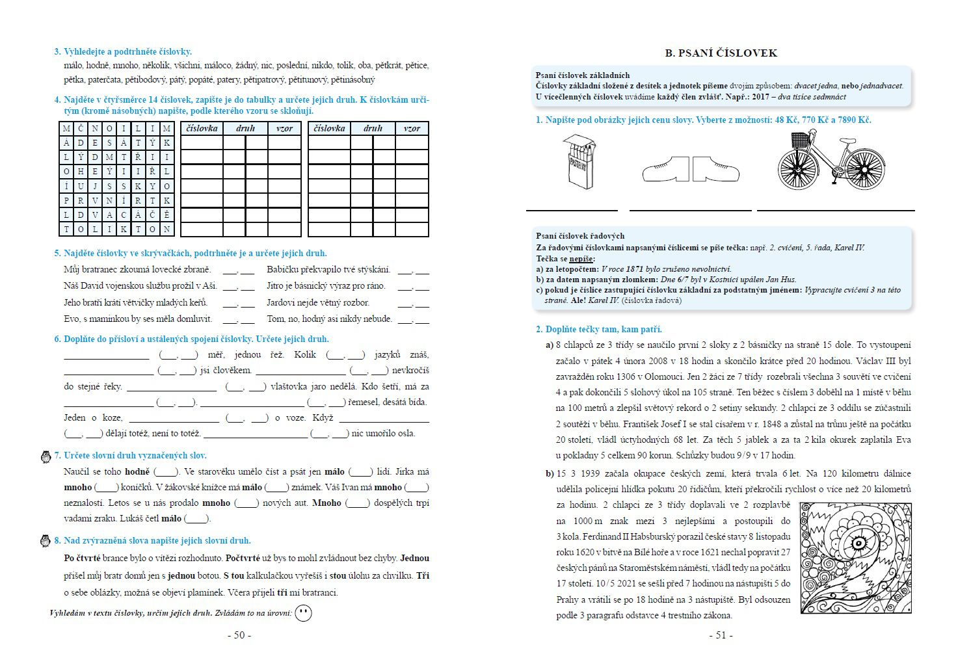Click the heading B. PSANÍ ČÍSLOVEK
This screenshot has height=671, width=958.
[x=721, y=53]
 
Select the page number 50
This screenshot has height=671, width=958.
[x=239, y=635]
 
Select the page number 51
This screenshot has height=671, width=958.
[x=721, y=635]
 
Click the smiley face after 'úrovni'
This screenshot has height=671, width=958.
[x=303, y=613]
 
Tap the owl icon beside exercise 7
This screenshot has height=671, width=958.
[x=46, y=456]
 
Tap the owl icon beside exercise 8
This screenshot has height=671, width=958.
[x=46, y=541]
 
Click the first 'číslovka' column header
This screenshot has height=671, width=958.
[x=202, y=128]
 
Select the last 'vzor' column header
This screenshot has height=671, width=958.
[x=412, y=128]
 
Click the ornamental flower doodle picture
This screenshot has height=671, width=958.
[x=855, y=557]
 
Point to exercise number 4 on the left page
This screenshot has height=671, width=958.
[x=57, y=100]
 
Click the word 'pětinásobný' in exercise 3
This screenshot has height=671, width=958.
[x=353, y=80]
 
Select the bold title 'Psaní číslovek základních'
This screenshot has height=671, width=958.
[x=582, y=75]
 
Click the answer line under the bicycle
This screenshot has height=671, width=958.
[x=836, y=210]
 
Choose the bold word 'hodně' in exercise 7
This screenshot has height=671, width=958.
[x=137, y=472]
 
